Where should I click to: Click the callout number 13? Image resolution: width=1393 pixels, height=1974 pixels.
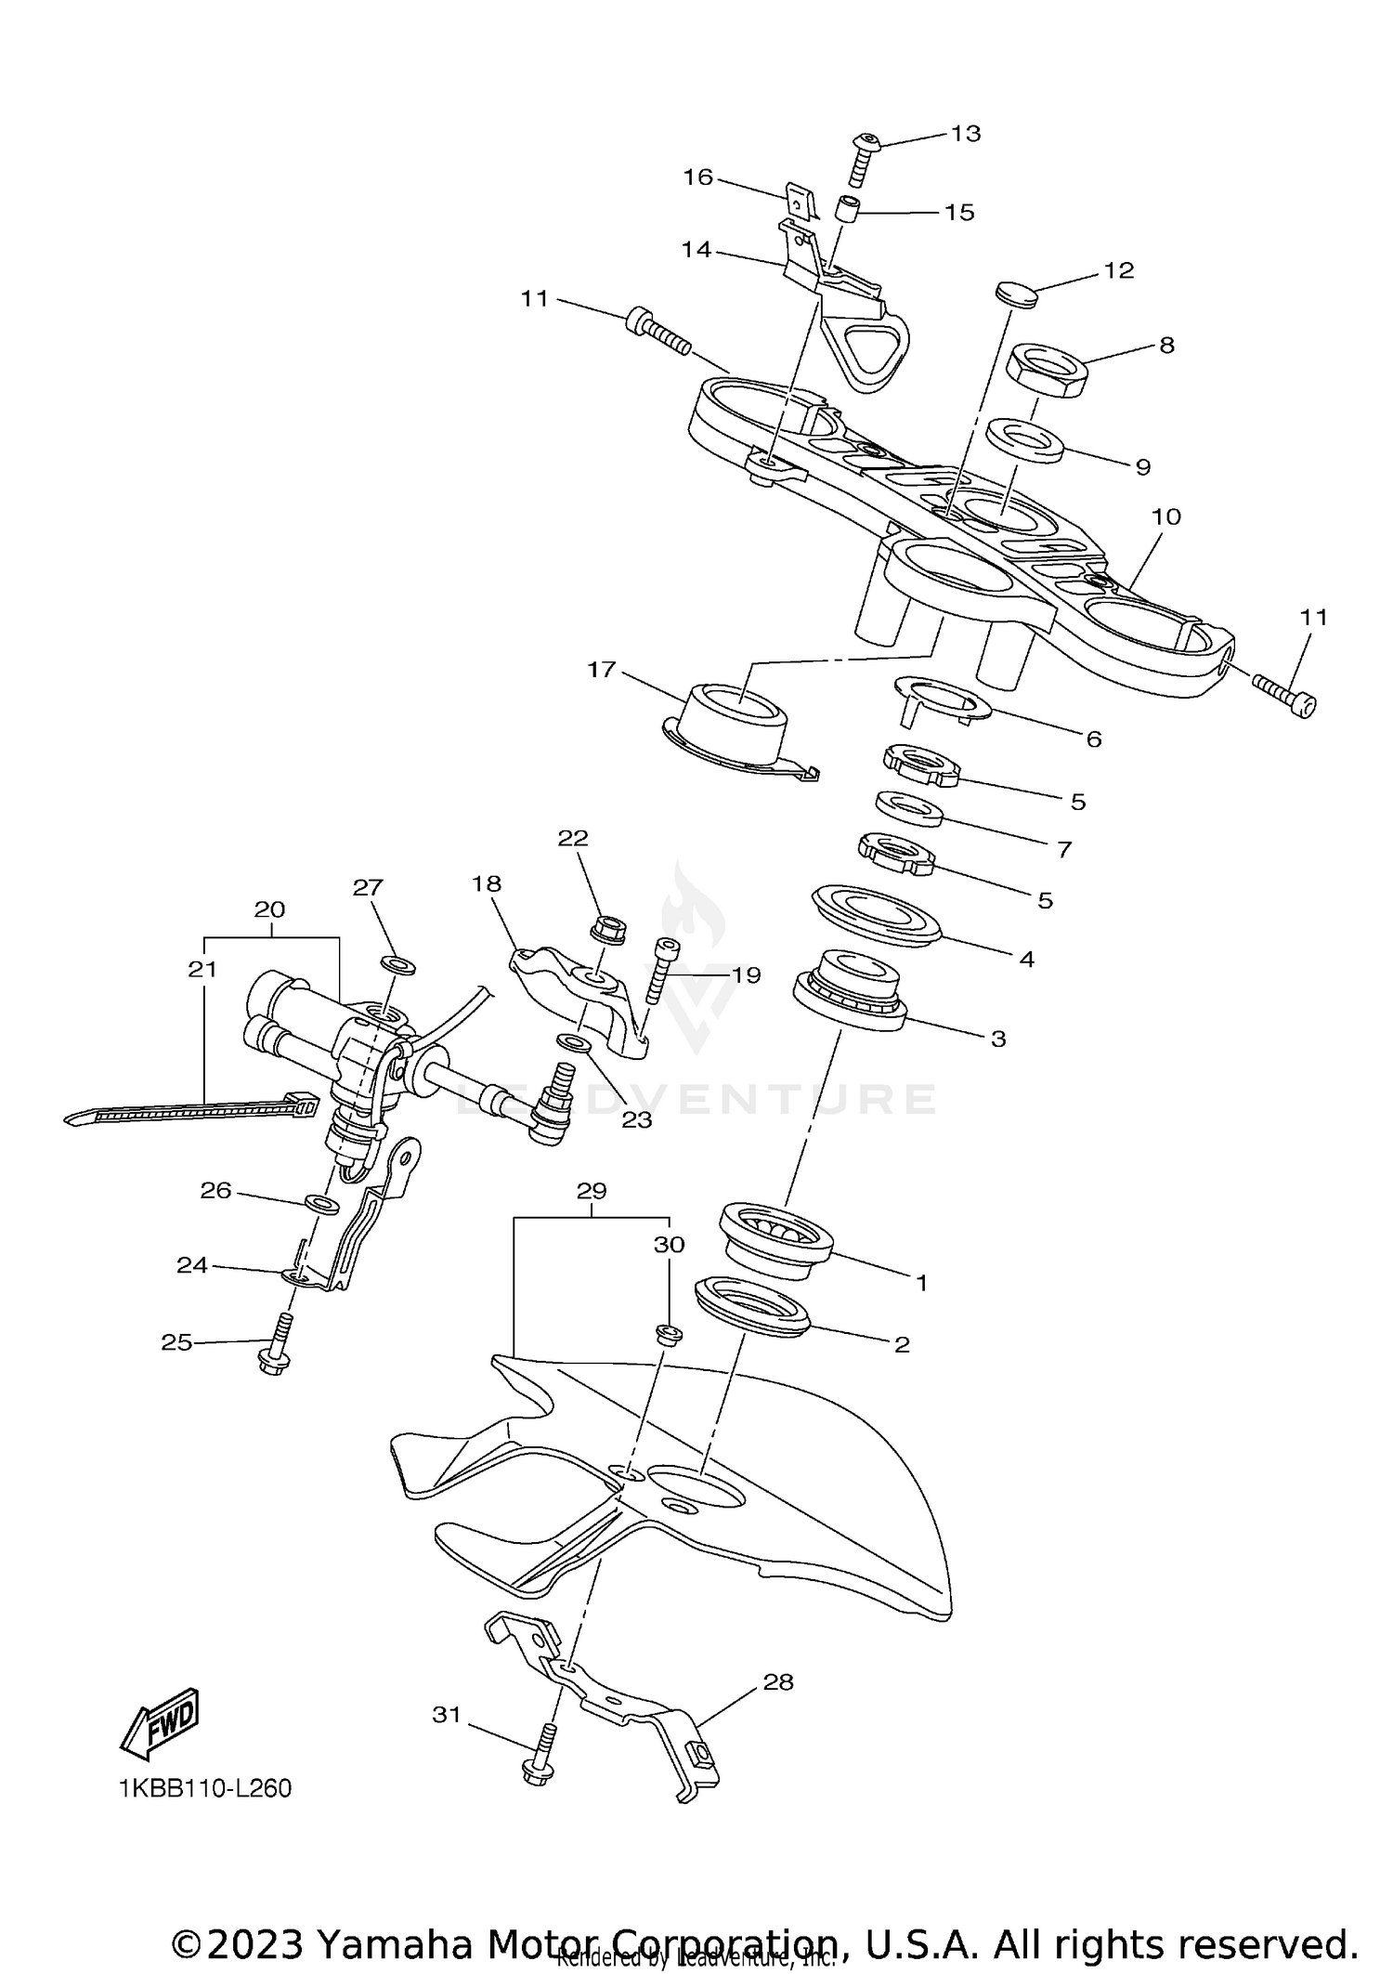click(966, 134)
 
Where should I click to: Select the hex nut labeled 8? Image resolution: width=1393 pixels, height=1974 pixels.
click(1047, 369)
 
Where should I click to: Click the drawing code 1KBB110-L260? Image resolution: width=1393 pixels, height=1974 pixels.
click(205, 1788)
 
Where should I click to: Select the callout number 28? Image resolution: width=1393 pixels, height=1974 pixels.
click(778, 1682)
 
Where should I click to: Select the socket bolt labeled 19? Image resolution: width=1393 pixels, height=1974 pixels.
click(659, 971)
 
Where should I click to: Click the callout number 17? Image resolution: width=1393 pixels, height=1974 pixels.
click(602, 669)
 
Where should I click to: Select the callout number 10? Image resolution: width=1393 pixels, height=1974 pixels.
click(1165, 517)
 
